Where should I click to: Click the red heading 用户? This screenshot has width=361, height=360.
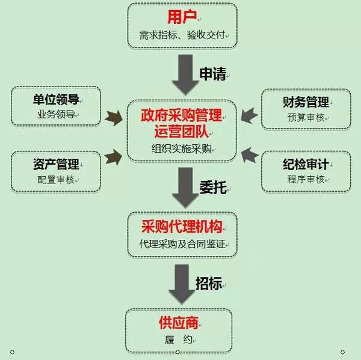(182, 16)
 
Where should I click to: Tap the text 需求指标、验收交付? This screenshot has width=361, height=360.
(182, 35)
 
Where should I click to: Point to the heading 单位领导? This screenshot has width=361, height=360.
(55, 99)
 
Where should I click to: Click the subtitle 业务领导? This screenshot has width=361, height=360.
(55, 114)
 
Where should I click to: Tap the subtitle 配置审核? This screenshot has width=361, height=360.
(55, 179)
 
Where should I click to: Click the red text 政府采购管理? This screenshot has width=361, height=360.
(181, 114)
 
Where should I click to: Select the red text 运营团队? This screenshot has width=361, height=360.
(181, 130)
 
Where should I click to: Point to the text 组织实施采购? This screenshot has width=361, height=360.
(181, 148)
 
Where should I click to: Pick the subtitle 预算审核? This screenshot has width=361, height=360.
(306, 117)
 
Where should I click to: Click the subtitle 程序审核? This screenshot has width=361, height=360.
(306, 179)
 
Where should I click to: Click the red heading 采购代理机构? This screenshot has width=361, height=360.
(181, 227)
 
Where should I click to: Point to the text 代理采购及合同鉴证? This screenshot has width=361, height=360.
(181, 245)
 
